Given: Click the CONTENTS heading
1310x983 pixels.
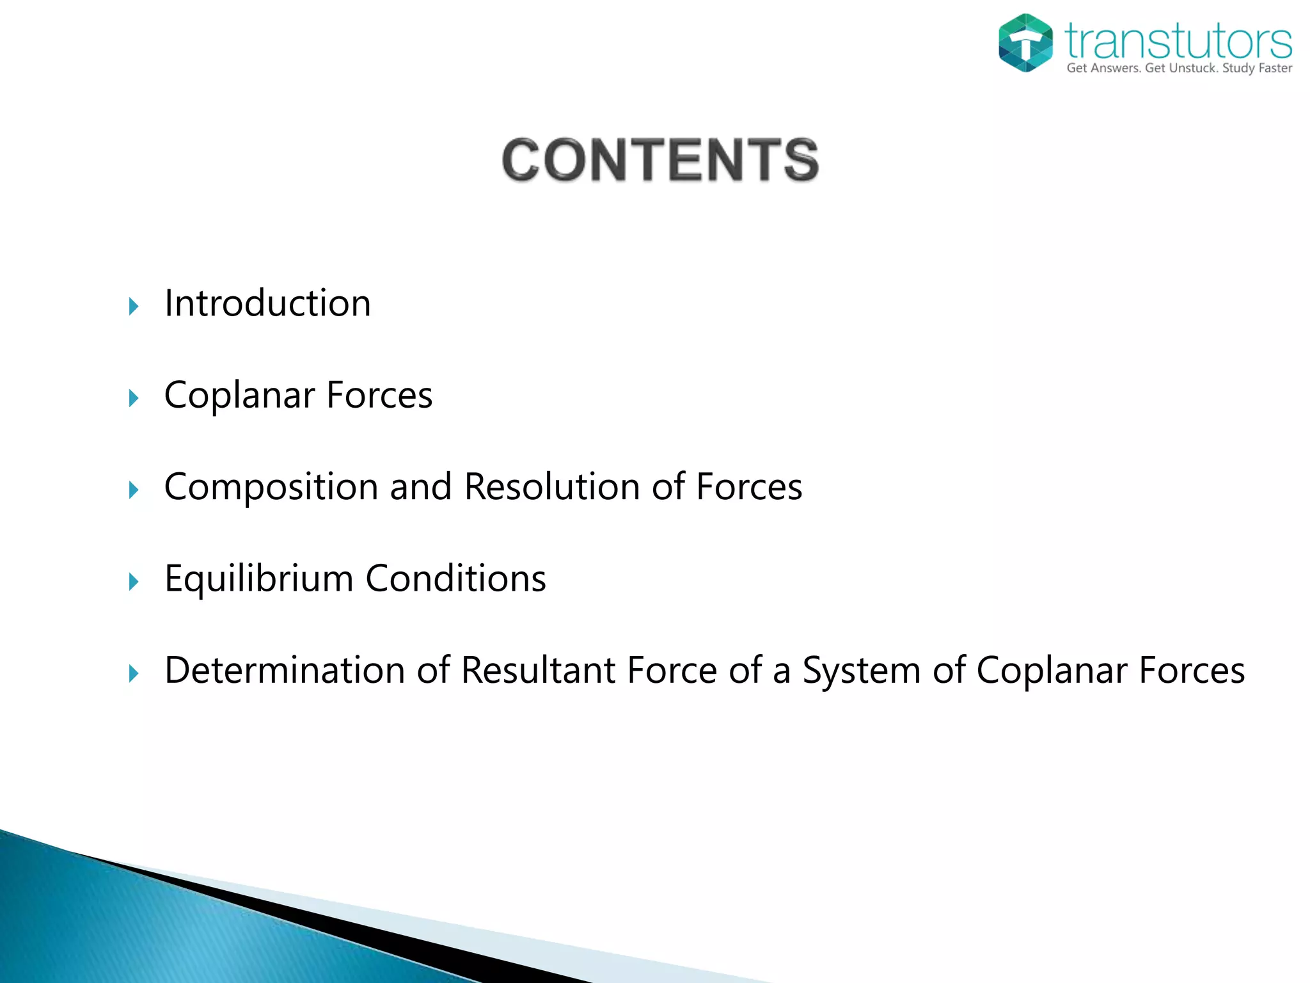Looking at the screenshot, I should pos(660,160).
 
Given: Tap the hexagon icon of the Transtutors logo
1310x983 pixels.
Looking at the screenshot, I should pos(1025,43).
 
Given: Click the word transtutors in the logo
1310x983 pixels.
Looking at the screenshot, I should pos(1178,41).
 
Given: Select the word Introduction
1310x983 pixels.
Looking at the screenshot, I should pos(267,303).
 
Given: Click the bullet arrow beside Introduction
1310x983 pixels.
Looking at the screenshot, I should pos(134,307).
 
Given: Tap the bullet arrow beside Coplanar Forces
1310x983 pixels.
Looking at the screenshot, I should pos(134,399).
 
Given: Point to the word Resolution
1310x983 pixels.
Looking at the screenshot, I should pos(552,486).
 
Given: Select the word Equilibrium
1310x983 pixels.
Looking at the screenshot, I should pos(258,579).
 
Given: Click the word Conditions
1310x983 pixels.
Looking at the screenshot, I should pos(455,579).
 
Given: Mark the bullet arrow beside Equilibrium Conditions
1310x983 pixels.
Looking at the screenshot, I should pos(134,582).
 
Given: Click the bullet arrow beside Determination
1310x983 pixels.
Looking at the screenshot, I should pos(134,673).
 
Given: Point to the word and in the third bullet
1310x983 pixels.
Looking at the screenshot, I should pos(421,486).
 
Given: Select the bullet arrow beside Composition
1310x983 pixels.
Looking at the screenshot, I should pos(134,490).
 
